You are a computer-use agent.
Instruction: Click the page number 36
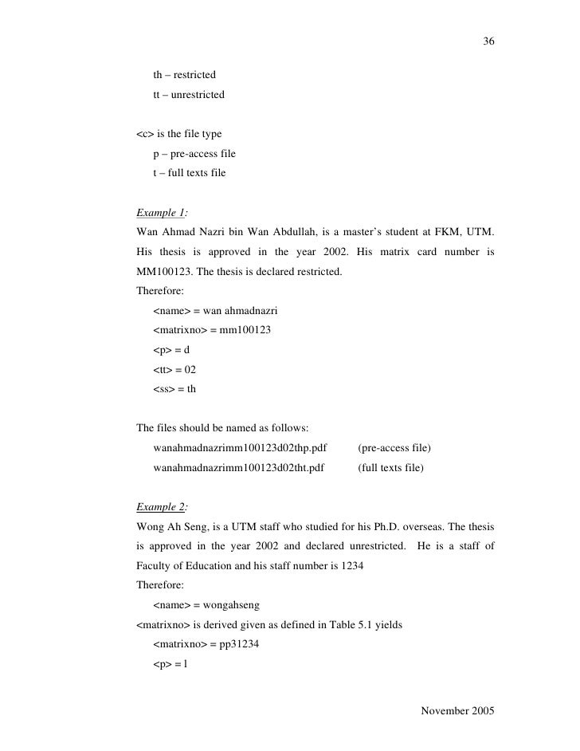point(488,41)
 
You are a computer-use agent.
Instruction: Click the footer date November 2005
point(457,710)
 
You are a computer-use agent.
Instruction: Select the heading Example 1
point(162,213)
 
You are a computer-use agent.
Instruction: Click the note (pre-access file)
point(394,448)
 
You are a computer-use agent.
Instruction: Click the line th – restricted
point(184,76)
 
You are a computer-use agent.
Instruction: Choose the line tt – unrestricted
point(189,95)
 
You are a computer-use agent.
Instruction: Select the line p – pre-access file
point(194,153)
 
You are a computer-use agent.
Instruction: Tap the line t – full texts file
point(190,172)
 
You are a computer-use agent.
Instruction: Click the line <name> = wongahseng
point(209,604)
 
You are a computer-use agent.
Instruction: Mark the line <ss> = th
point(174,389)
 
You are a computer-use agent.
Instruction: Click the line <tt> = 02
point(174,370)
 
